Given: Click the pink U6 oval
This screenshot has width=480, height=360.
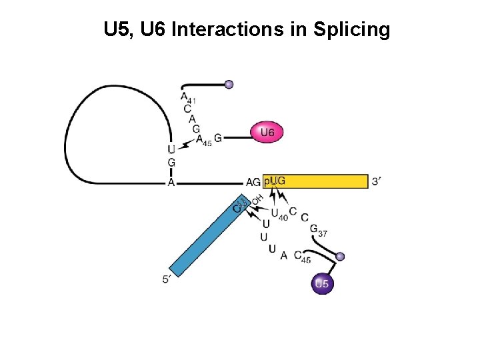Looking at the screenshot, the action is pyautogui.click(x=266, y=132).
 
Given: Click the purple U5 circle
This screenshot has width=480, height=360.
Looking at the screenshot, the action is pyautogui.click(x=321, y=284).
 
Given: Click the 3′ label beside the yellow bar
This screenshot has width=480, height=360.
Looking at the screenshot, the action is pyautogui.click(x=377, y=181).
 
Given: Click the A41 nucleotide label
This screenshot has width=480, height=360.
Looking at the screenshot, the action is pyautogui.click(x=187, y=97).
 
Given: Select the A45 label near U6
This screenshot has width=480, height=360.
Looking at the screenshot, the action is pyautogui.click(x=203, y=141).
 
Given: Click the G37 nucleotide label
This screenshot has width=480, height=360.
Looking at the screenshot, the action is pyautogui.click(x=318, y=230).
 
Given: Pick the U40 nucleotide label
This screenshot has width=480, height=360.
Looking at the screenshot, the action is pyautogui.click(x=279, y=213).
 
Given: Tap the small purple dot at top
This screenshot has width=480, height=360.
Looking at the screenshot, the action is pyautogui.click(x=229, y=85).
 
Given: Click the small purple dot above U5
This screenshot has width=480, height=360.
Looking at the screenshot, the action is pyautogui.click(x=340, y=257).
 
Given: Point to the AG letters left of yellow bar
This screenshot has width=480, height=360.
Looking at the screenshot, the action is pyautogui.click(x=253, y=182).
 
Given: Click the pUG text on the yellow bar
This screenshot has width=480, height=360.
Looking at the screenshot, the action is pyautogui.click(x=275, y=181).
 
